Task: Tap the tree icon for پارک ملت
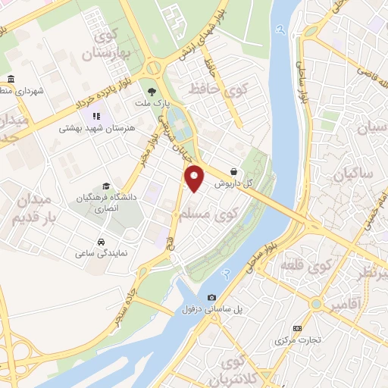(x=154, y=91)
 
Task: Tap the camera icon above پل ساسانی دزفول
(x=211, y=297)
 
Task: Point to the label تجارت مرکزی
(x=298, y=340)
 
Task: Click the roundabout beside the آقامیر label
(x=315, y=304)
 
